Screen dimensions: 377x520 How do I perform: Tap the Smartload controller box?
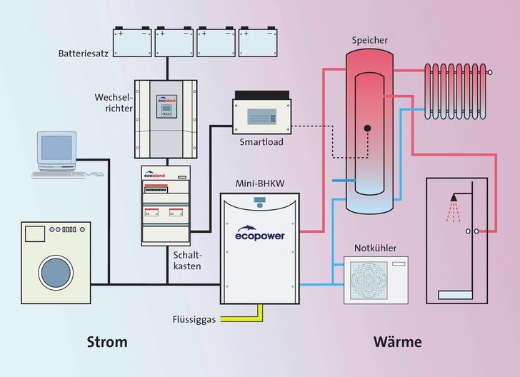tap(259, 113)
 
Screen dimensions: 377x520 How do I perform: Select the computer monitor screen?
tap(56, 147)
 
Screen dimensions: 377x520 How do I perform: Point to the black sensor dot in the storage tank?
tap(366, 129)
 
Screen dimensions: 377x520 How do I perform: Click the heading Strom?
tap(106, 342)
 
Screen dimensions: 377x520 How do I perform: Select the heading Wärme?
tap(397, 342)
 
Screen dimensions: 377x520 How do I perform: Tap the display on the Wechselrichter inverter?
tap(167, 102)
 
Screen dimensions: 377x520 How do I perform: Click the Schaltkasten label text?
tap(188, 259)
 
